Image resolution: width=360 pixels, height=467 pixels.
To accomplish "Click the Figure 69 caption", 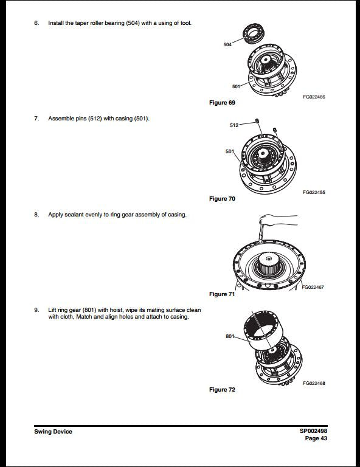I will (x=222, y=103).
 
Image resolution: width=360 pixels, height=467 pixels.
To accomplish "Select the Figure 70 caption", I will (x=222, y=199).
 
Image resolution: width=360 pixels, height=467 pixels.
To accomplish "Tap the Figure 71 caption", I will (x=222, y=294).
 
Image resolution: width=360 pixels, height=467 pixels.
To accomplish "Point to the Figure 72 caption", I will (x=222, y=390).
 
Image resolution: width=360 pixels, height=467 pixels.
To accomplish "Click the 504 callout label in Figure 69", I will (x=227, y=44).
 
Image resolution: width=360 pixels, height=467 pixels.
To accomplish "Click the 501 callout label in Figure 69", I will (x=236, y=86).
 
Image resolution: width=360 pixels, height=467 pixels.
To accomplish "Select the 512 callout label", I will (x=234, y=125).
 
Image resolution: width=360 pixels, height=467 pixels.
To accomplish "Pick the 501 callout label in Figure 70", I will (x=230, y=151).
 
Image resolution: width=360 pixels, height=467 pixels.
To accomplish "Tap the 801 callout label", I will (x=230, y=336).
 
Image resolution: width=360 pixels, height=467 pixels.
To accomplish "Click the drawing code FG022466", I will (x=314, y=97).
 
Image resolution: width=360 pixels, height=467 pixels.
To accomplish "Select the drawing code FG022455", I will (x=314, y=192).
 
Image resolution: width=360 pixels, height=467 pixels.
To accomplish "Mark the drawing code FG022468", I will (x=314, y=383).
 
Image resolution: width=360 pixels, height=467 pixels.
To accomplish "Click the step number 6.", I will (x=36, y=22).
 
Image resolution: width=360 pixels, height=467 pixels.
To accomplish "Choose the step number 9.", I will (x=36, y=310).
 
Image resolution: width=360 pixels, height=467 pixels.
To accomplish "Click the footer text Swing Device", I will (x=53, y=432).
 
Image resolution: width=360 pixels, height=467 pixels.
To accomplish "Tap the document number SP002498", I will (x=313, y=431).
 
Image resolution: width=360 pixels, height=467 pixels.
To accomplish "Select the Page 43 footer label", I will (x=316, y=438).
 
